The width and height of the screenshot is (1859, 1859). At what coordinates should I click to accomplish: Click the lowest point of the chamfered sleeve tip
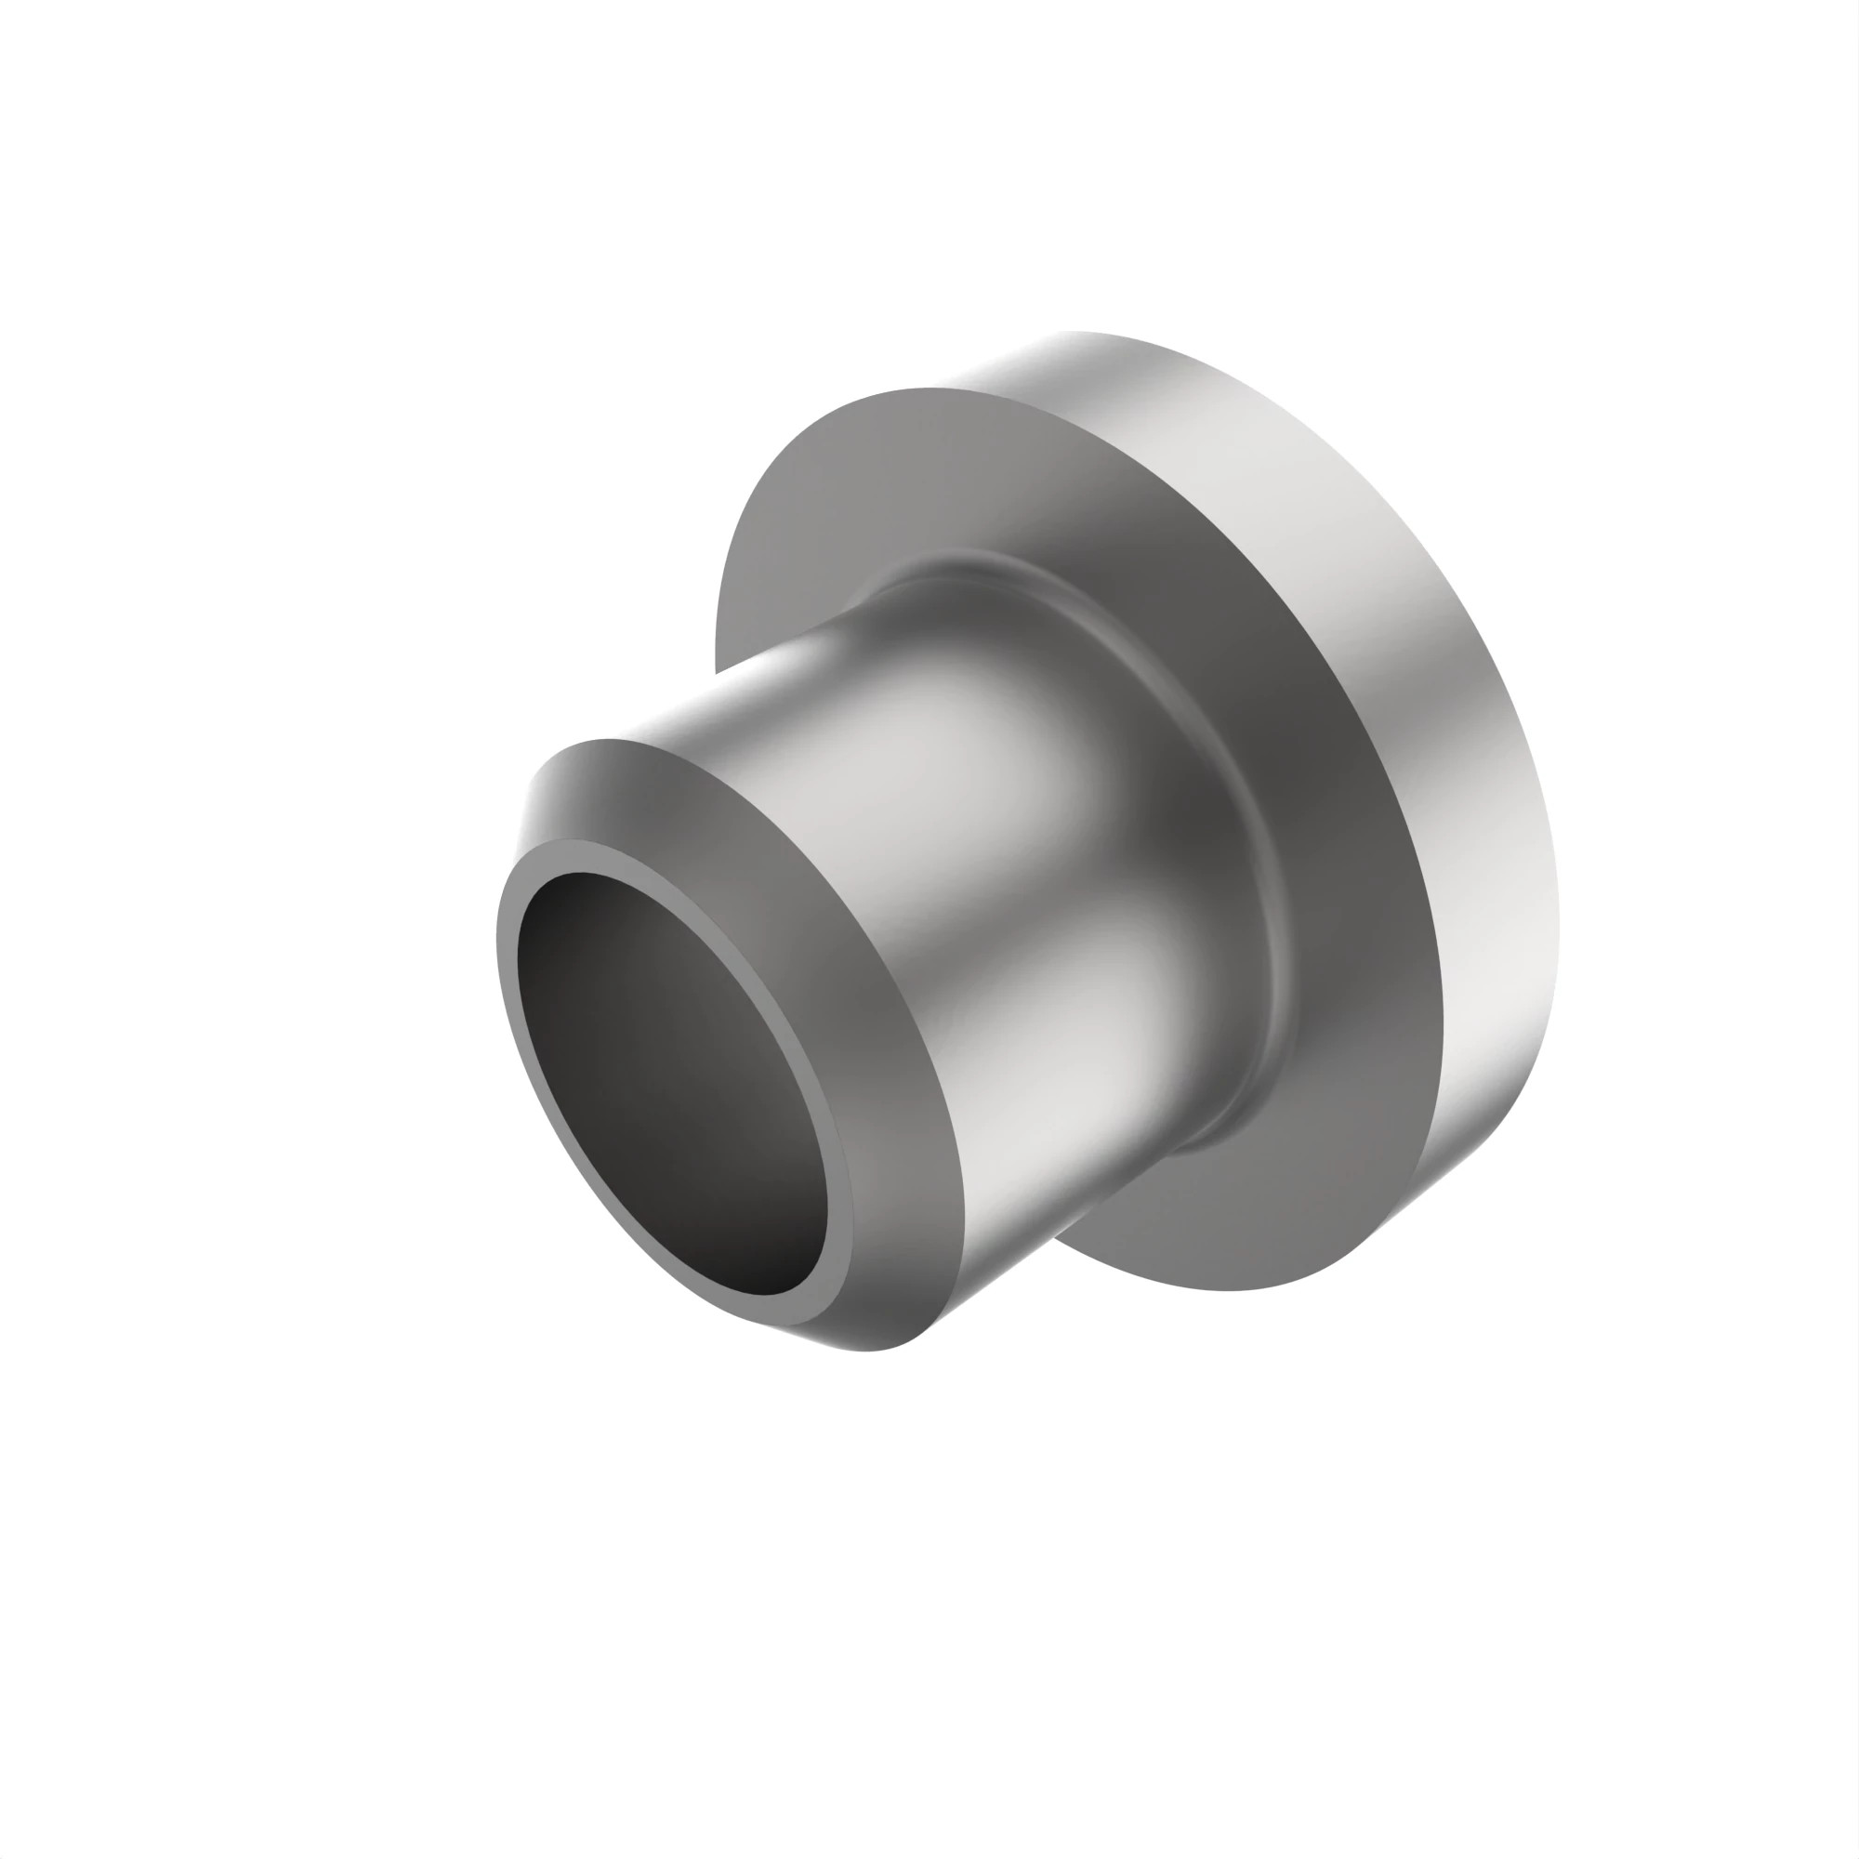[x=866, y=1350]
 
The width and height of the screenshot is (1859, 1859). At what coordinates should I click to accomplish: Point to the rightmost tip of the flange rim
[x=1558, y=924]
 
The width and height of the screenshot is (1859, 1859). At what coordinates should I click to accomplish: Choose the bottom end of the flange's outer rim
[x=1366, y=1241]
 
